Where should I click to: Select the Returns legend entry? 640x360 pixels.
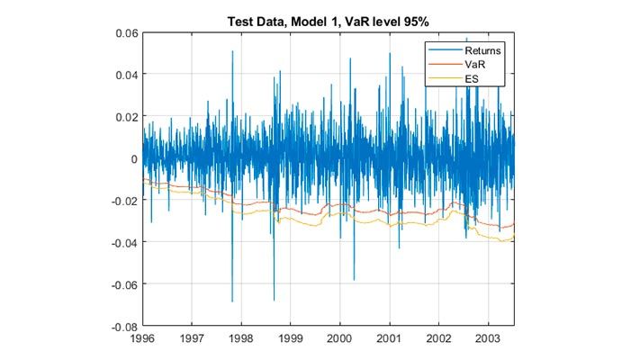click(x=477, y=50)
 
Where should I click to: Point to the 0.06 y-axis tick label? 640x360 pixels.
click(x=123, y=32)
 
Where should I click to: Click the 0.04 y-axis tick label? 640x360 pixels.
click(x=123, y=75)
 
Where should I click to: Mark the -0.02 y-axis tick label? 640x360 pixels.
click(x=122, y=201)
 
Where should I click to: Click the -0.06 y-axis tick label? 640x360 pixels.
click(x=122, y=284)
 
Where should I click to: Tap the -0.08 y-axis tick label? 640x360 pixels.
click(x=122, y=326)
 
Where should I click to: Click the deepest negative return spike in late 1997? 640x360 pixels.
click(x=232, y=301)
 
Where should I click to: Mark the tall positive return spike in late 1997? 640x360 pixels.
click(x=232, y=52)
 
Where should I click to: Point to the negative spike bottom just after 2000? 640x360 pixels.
click(x=354, y=278)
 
